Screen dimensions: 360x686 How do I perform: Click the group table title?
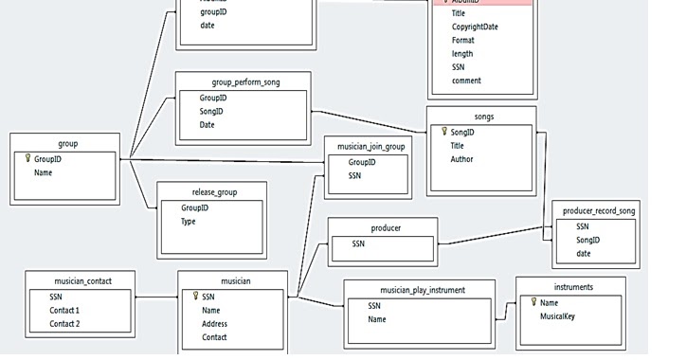pos(67,144)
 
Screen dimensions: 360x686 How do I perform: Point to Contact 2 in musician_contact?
pos(64,324)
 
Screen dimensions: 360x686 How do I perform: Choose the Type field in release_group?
pos(189,222)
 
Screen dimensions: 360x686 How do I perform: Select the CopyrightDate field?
pos(474,27)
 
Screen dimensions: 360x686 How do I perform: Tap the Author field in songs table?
pos(463,160)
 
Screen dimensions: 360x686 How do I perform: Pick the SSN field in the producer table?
pos(357,244)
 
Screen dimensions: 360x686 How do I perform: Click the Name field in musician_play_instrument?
pos(377,320)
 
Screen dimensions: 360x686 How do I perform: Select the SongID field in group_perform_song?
pos(211,112)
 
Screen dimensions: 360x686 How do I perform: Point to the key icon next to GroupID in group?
pos(27,159)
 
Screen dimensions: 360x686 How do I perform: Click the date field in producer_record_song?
pos(584,254)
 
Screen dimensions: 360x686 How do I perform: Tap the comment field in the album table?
pos(465,81)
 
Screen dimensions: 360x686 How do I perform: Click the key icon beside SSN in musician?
pos(194,297)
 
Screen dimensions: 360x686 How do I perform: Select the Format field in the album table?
pos(463,41)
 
